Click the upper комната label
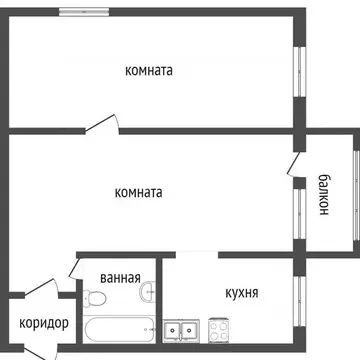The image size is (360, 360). pyautogui.click(x=150, y=71)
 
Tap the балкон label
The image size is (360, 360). pyautogui.click(x=326, y=194)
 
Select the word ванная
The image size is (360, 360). pyautogui.click(x=120, y=279)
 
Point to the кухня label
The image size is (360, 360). pyautogui.click(x=242, y=293)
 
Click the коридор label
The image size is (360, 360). pyautogui.click(x=43, y=323)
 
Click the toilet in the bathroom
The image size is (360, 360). pyautogui.click(x=96, y=299)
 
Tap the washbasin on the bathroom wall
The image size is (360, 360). pyautogui.click(x=149, y=292)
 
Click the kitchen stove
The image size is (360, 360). pyautogui.click(x=218, y=328)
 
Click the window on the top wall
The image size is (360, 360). pyautogui.click(x=84, y=11)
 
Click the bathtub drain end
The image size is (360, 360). pyautogui.click(x=146, y=329)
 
